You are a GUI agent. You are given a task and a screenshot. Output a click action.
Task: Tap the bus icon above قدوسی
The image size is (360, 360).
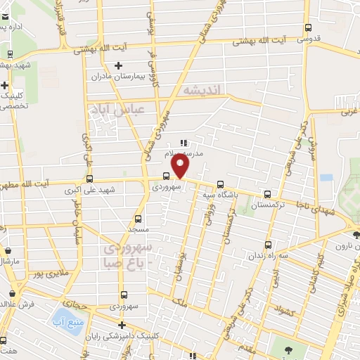click(x=307, y=28)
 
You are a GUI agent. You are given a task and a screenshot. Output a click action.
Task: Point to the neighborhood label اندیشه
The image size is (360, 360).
click(x=202, y=90)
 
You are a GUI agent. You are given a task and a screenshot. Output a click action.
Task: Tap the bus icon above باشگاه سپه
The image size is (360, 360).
click(x=221, y=179)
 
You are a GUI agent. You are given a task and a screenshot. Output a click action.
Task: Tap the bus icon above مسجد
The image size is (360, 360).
click(x=137, y=219)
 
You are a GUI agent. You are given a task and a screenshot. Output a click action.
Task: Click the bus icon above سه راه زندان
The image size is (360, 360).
click(x=268, y=245)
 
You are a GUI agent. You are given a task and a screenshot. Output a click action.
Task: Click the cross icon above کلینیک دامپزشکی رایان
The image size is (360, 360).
click(x=122, y=326)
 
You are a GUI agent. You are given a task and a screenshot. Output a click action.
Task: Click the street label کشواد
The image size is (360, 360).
click(x=286, y=311)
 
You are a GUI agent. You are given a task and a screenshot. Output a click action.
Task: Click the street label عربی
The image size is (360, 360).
click(x=349, y=111)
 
